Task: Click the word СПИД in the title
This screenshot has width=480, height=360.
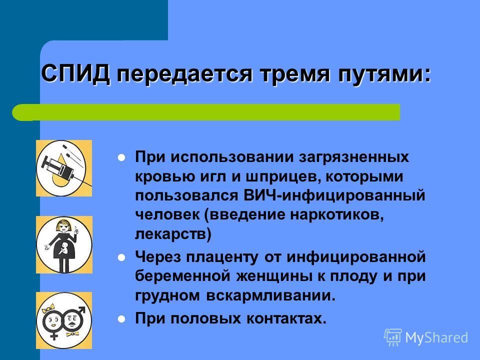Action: point(75,73)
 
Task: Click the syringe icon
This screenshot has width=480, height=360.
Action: point(64,168)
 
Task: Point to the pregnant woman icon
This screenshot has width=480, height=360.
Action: point(64,244)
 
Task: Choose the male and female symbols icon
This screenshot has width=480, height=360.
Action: point(64,320)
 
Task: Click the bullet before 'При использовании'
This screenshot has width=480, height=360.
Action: point(121,158)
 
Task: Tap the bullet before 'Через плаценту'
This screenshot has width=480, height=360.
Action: point(121,258)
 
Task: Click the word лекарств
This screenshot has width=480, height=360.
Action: point(173,234)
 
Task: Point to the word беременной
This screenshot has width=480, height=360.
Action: point(182,276)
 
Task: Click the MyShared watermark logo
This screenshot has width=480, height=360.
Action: point(426,337)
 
